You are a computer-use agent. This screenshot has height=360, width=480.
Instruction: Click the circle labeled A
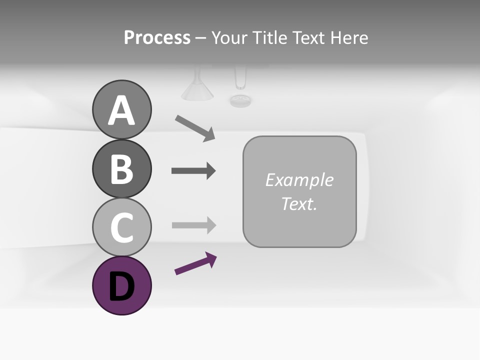[121, 109]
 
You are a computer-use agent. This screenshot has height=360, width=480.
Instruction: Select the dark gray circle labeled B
[121, 169]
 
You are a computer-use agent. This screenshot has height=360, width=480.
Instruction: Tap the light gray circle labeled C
[121, 227]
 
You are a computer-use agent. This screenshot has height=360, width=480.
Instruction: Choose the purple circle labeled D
[121, 285]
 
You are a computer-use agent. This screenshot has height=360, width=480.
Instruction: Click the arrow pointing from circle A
[195, 128]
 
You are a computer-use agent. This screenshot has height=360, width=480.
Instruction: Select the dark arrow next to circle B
[193, 171]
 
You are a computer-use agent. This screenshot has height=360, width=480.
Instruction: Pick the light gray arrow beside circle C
[193, 225]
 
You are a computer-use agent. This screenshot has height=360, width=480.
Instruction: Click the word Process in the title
[157, 37]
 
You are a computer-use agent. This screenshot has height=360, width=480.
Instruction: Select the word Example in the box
[299, 180]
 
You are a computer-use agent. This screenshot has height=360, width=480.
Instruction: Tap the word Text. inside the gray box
[299, 203]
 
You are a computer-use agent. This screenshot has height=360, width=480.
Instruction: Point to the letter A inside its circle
[121, 110]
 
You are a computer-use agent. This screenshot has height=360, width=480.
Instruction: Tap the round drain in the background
[240, 100]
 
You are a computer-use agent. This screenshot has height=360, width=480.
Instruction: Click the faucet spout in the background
[240, 78]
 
